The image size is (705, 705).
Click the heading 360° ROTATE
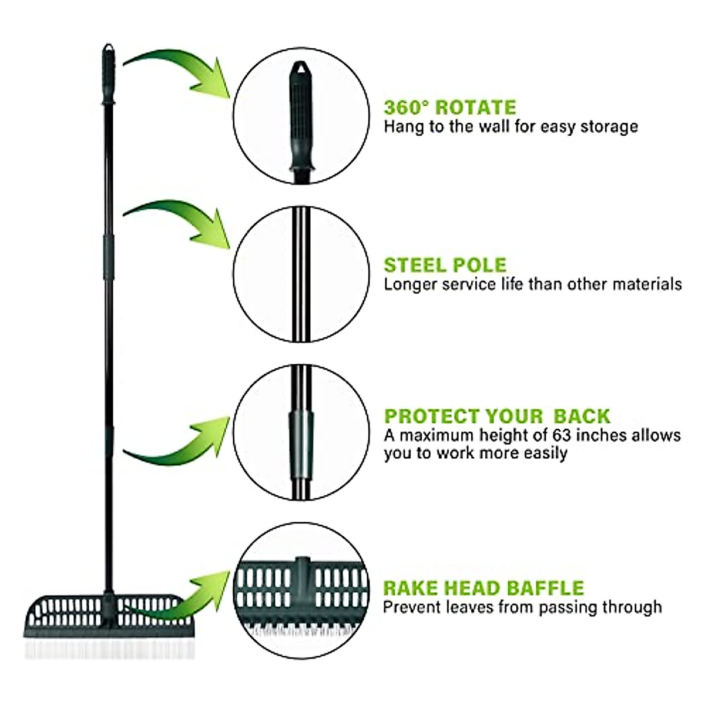[x=450, y=108]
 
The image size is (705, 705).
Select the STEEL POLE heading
[x=445, y=265]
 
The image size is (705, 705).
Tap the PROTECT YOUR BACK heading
[x=497, y=416]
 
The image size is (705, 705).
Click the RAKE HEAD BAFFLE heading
[x=484, y=588]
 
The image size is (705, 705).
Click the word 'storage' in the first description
[x=609, y=127]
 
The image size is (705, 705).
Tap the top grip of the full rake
[x=109, y=68]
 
